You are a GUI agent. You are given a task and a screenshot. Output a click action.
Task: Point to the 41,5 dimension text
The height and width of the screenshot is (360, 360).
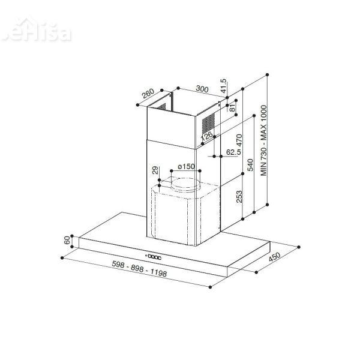point(224,86)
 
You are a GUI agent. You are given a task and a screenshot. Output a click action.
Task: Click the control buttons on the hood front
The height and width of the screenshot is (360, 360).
point(155,256)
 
